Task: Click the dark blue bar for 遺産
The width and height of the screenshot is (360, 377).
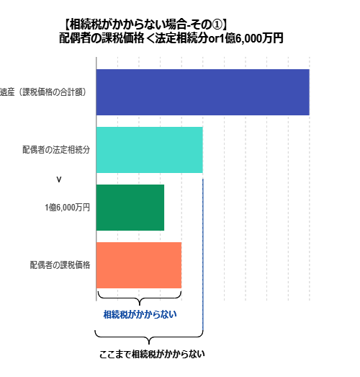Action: [203, 92]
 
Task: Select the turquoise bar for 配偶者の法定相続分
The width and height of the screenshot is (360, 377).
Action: [149, 150]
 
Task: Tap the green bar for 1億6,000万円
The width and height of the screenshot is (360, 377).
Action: [130, 208]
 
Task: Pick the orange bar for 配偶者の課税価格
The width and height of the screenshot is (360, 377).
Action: [139, 265]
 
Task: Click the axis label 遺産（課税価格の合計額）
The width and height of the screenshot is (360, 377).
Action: [43, 92]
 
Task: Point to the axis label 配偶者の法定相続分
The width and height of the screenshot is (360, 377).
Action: [56, 150]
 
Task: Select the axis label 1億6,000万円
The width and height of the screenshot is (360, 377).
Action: [67, 208]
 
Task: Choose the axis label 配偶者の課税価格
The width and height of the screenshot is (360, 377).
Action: [60, 265]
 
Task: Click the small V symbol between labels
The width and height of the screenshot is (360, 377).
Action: [59, 179]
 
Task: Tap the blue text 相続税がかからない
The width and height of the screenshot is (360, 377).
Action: [140, 314]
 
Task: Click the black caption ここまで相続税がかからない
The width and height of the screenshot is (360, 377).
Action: [152, 354]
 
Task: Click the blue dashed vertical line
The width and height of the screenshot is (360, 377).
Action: [203, 254]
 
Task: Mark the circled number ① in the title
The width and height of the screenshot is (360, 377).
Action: [217, 25]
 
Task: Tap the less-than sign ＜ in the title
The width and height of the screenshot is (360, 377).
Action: [150, 38]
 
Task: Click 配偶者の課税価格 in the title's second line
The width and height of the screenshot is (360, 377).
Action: [102, 38]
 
